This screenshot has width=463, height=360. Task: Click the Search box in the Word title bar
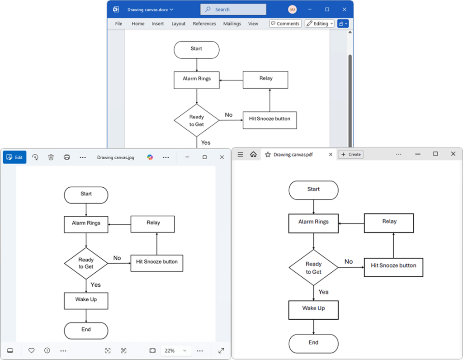coord(233,9)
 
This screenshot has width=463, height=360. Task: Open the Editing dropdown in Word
coord(319,24)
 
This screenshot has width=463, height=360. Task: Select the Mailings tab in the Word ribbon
coord(232,24)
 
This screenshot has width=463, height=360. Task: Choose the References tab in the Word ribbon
coord(204,24)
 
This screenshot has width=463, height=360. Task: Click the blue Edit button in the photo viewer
coord(15,157)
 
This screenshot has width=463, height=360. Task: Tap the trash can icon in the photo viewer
coord(51,157)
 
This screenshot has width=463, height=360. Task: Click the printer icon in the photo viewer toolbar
coord(67,157)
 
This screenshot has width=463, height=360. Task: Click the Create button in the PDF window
coord(351,154)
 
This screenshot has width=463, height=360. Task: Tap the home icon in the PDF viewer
coord(253,154)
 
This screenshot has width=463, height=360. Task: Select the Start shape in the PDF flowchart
coord(313,190)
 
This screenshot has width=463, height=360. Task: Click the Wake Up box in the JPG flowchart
coord(86,300)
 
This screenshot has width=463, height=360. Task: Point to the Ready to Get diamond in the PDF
coord(313,268)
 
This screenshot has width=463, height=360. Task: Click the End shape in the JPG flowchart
coord(86,330)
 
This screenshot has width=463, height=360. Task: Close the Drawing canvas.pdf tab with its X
coord(331,154)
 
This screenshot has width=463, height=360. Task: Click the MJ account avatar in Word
coord(293,9)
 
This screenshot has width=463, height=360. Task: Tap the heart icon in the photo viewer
coord(32,351)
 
